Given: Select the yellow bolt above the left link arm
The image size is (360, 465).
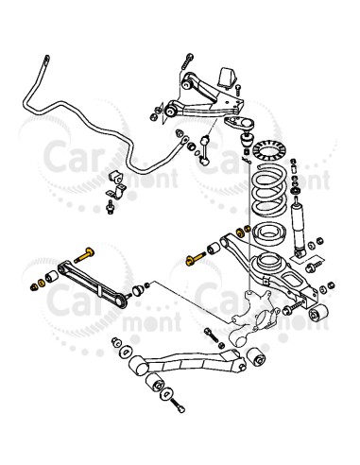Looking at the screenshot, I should point(82,253).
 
